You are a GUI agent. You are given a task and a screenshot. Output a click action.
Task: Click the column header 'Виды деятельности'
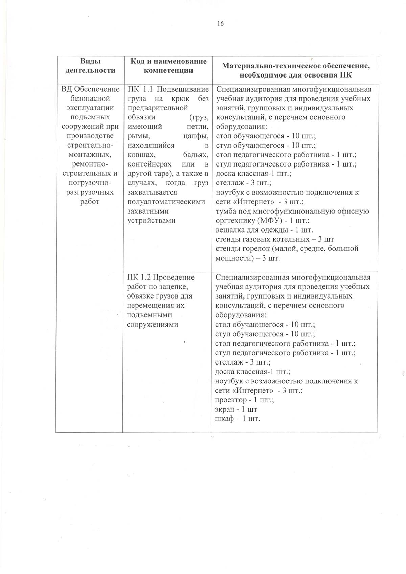90,66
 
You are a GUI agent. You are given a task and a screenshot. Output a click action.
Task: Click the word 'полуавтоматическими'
166,202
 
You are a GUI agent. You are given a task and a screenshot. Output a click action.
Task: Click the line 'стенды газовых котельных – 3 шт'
275,240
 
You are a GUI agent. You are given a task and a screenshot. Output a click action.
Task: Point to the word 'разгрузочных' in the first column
90,193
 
